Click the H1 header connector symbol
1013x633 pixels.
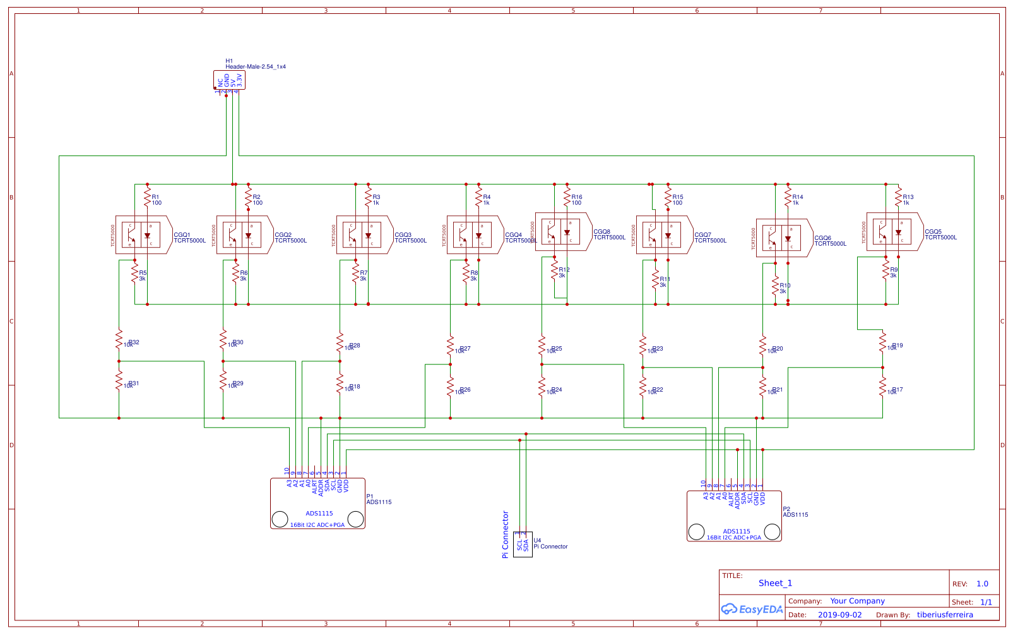click(x=229, y=81)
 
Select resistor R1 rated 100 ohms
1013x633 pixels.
click(x=147, y=195)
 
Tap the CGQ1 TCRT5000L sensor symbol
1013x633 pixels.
click(x=141, y=235)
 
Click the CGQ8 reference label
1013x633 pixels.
click(x=601, y=232)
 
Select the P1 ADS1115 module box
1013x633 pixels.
click(x=317, y=503)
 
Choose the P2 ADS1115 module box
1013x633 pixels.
click(x=734, y=516)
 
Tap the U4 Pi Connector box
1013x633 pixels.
click(x=523, y=544)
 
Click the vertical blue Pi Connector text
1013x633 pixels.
click(x=505, y=534)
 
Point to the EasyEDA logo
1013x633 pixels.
click(x=752, y=609)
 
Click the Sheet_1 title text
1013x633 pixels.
click(x=775, y=583)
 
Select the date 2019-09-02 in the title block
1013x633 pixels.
click(x=839, y=615)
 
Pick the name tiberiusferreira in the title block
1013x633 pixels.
click(x=945, y=615)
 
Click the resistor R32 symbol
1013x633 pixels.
click(x=119, y=341)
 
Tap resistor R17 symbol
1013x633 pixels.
click(x=882, y=388)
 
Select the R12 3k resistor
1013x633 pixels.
click(x=554, y=272)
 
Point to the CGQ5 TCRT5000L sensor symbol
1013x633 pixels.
click(x=892, y=232)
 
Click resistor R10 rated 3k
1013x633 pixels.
click(x=775, y=287)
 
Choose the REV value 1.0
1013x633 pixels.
click(x=982, y=584)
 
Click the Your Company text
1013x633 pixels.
click(x=857, y=601)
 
